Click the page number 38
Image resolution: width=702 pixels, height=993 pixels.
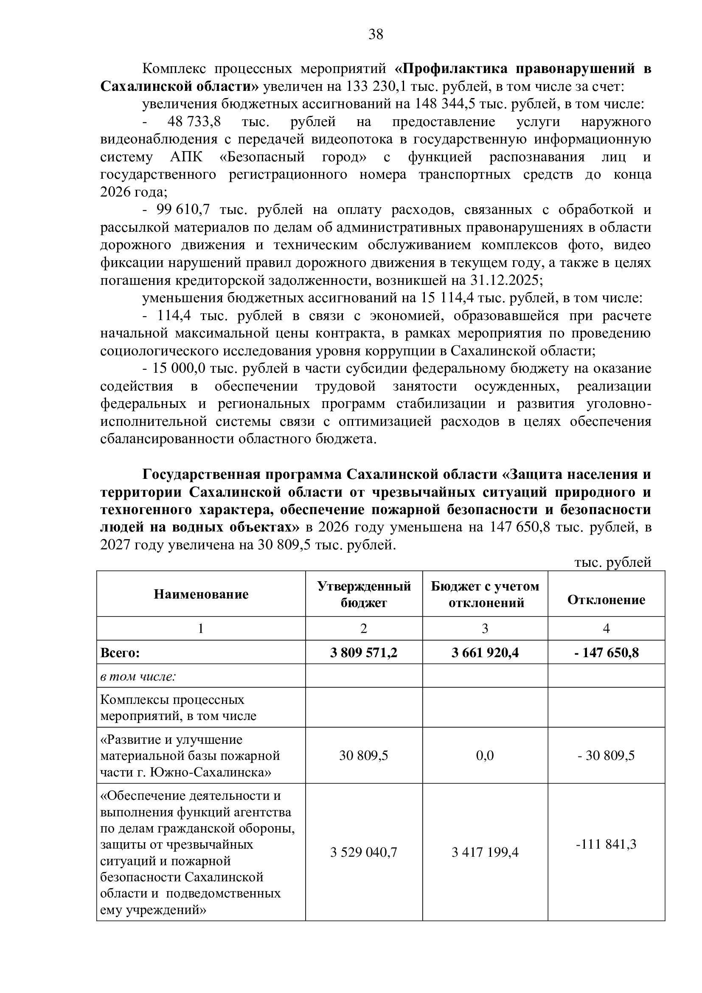point(376,34)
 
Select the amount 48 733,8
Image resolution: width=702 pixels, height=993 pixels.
point(194,122)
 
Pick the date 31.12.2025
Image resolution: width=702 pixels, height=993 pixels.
point(505,281)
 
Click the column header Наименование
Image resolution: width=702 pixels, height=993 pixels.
point(201,594)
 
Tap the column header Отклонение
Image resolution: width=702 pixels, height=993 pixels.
point(606,600)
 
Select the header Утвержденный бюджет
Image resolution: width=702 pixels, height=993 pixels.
point(364,594)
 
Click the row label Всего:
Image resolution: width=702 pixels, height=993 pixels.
point(120,653)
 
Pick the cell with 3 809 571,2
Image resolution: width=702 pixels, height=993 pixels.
point(364,653)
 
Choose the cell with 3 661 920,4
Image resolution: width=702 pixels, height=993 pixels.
point(485,653)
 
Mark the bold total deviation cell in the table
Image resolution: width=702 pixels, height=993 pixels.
point(606,653)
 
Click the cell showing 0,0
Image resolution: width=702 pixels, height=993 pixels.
point(485,756)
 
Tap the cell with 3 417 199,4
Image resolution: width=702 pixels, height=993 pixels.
point(485,852)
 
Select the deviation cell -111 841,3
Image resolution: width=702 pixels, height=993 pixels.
point(606,844)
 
